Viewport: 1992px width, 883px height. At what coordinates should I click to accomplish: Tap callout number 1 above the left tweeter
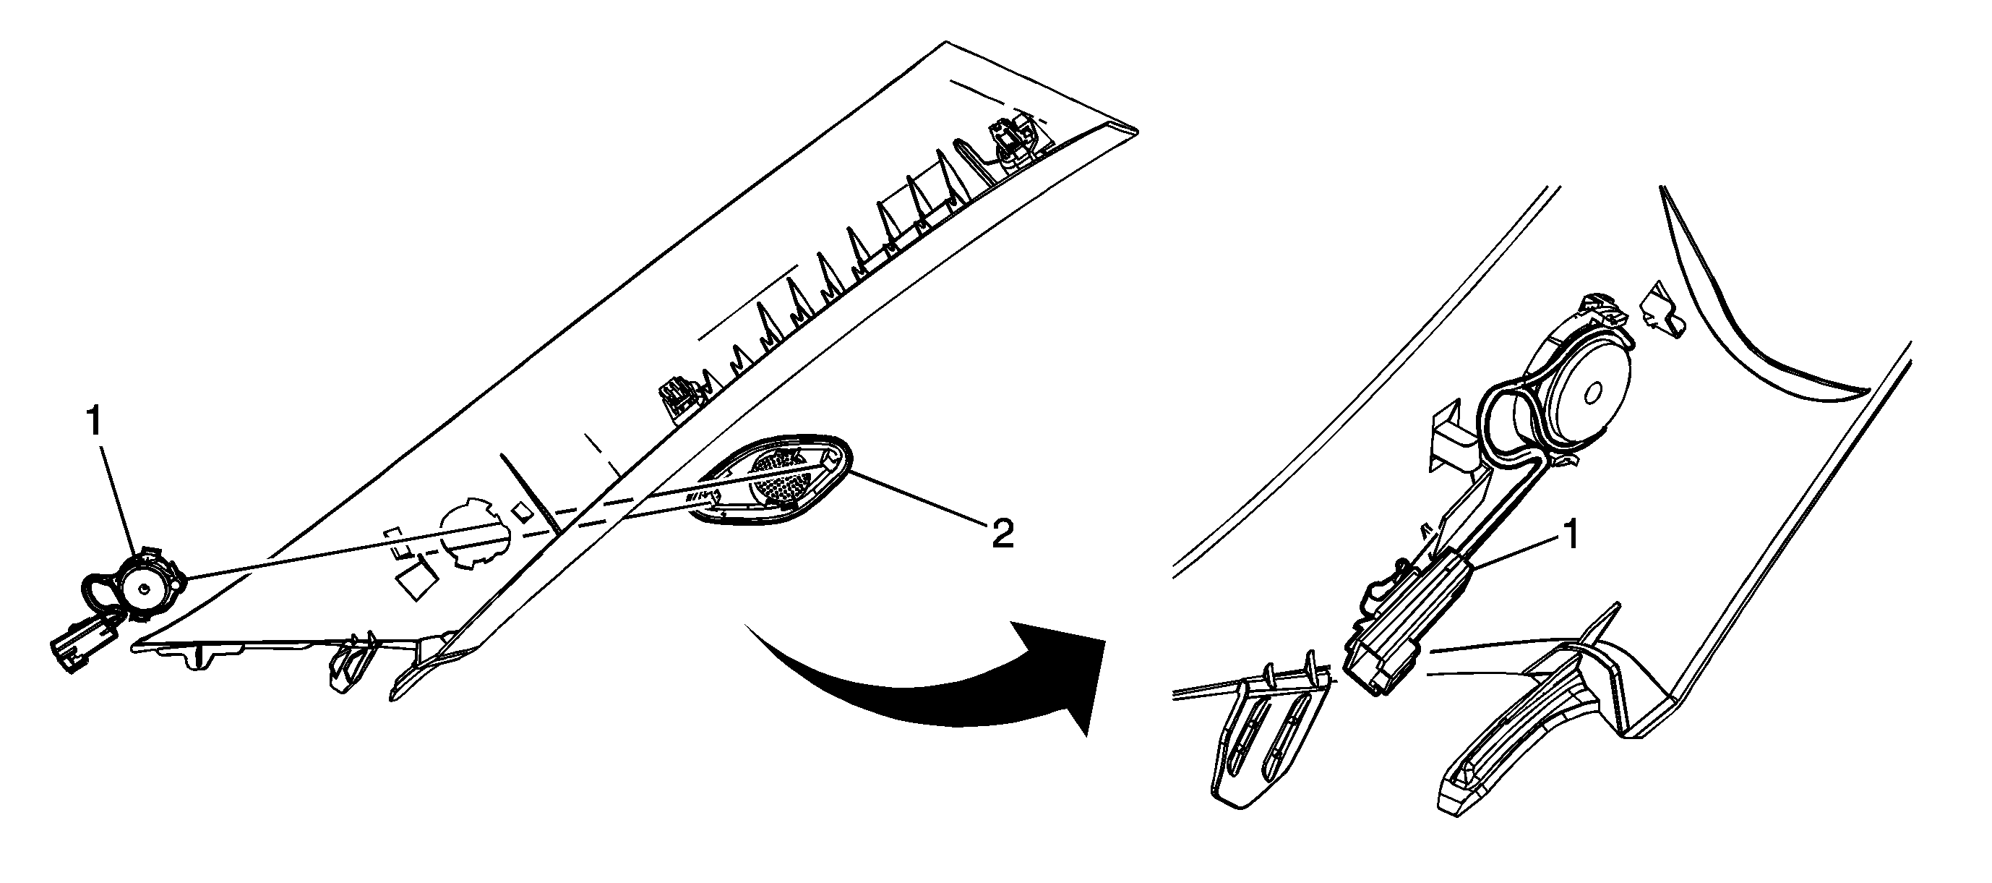pos(93,422)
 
